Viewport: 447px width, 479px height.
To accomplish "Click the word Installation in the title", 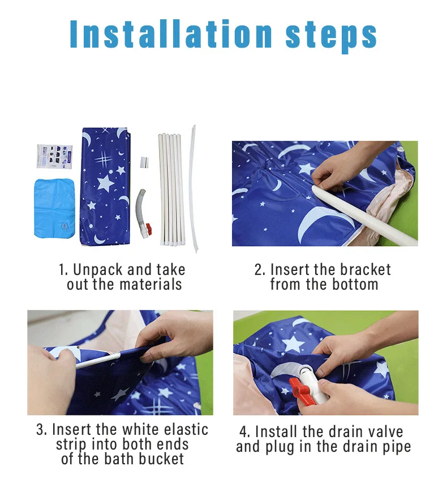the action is coord(171,33).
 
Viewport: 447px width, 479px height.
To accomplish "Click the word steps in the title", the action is coord(331,37).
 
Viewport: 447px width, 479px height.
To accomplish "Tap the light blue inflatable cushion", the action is coord(54,208).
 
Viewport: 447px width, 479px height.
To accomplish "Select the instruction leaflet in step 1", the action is coord(54,156).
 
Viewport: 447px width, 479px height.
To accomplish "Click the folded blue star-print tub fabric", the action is coord(105,186).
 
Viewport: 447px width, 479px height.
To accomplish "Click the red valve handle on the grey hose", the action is coord(148,227).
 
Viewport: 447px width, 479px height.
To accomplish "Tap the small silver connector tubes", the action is coord(144,162).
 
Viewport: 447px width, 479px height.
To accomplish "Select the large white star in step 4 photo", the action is coord(293,344).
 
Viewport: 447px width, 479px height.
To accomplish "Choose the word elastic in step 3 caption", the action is coord(186,430).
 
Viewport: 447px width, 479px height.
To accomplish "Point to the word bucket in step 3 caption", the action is coord(162,459).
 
